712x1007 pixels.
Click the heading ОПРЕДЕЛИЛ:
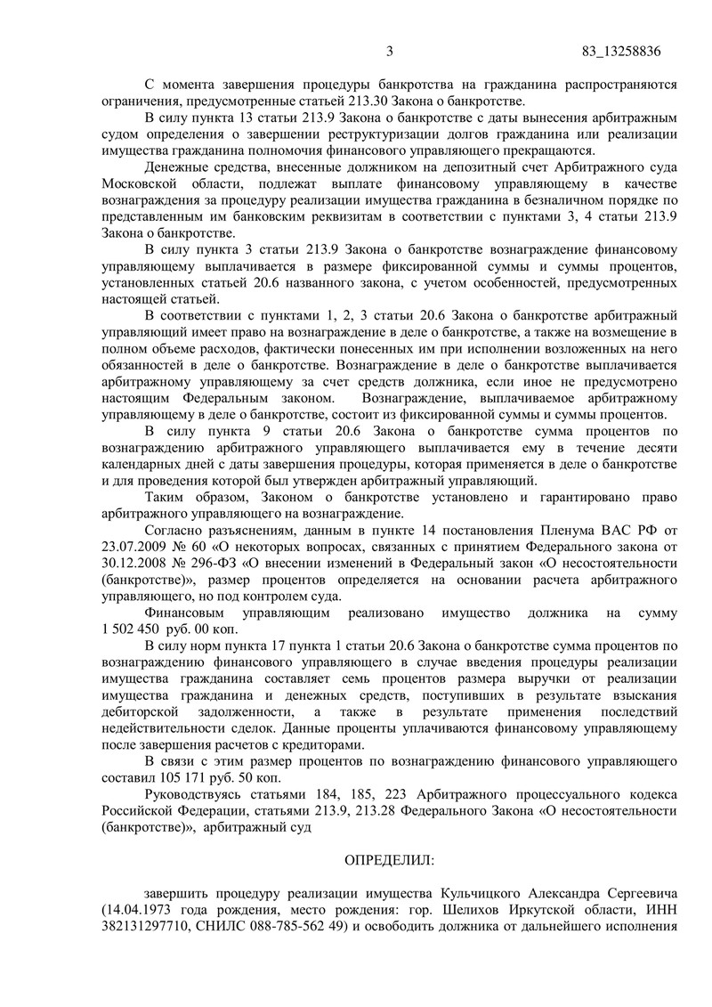[x=390, y=860]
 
